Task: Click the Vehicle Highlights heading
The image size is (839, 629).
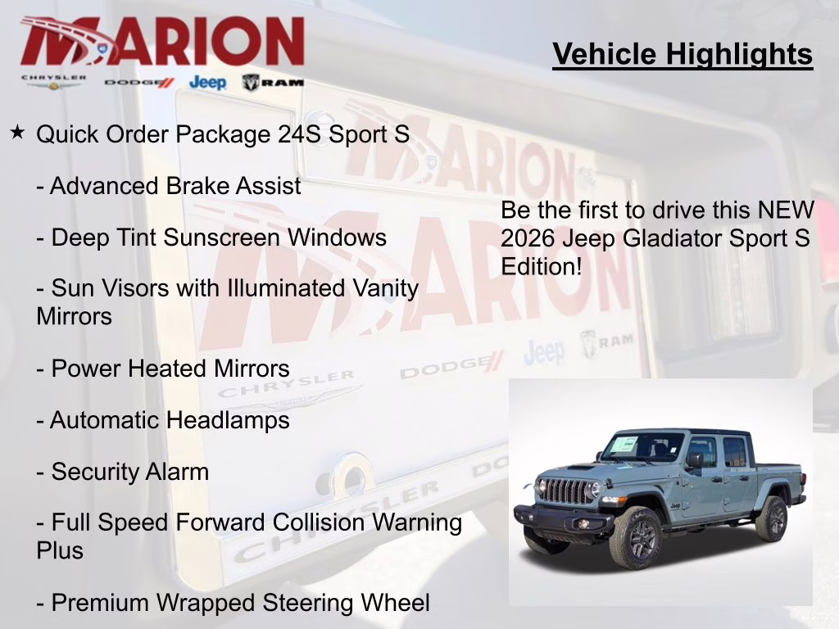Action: click(683, 54)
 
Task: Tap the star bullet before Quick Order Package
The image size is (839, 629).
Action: click(17, 132)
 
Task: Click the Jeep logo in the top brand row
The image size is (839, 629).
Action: click(207, 82)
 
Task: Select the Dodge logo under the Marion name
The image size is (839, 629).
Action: click(139, 83)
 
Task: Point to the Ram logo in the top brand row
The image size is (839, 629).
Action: click(273, 82)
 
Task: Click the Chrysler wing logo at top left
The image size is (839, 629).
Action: click(53, 82)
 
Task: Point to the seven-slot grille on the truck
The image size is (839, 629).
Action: click(565, 491)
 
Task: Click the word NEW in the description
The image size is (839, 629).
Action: click(785, 210)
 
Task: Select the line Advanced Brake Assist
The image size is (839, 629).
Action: click(169, 186)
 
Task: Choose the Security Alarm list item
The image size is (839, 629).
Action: click(123, 472)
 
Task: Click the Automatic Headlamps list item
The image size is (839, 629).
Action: click(163, 420)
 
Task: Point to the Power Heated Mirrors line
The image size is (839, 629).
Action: click(163, 369)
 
